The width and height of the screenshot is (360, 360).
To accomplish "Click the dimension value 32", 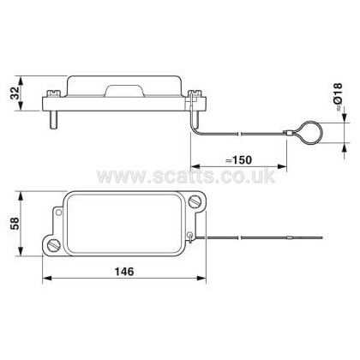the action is (15, 93).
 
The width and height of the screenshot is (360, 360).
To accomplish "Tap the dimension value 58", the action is (15, 224).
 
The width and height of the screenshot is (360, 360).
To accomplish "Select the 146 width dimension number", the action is (124, 272).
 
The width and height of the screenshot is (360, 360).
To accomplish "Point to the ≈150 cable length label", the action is (238, 160).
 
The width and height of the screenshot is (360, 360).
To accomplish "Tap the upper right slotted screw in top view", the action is (195, 201).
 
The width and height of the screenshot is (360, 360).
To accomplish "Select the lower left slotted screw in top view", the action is (53, 245).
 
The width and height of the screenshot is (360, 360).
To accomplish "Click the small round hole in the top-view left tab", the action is (58, 213).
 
